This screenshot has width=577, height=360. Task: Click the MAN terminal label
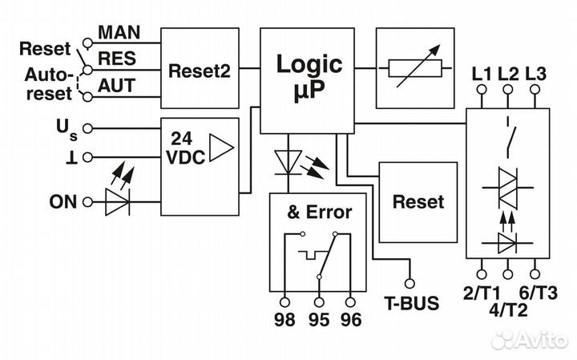[x=119, y=33]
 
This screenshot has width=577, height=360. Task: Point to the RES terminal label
[x=117, y=59]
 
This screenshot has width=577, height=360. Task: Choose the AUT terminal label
[x=117, y=85]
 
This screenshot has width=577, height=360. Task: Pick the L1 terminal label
[x=482, y=75]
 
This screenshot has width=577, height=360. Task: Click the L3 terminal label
[x=535, y=75]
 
